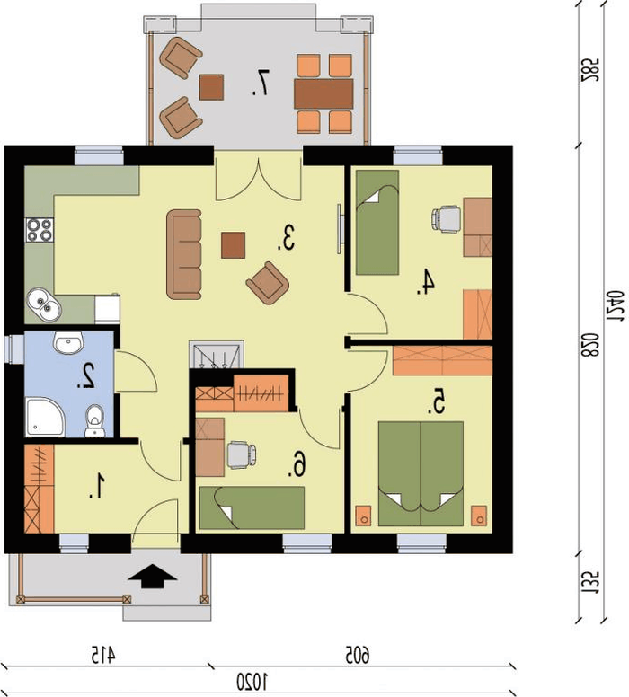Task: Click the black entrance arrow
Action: [153, 577]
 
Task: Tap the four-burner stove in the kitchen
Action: [40, 230]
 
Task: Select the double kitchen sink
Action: [44, 304]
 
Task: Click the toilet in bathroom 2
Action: [94, 420]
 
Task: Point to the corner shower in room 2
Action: [45, 417]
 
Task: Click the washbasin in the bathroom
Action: [68, 343]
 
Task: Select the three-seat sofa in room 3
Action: [184, 254]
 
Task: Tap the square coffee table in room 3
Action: [234, 245]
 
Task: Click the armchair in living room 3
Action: [268, 283]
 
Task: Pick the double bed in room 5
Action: [421, 474]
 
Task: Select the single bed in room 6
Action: [252, 507]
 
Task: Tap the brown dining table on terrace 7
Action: [323, 93]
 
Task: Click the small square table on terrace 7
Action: [211, 87]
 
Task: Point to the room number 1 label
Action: [96, 485]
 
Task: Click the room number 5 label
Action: [438, 401]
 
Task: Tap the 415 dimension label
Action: [102, 655]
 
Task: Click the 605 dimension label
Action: [358, 655]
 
